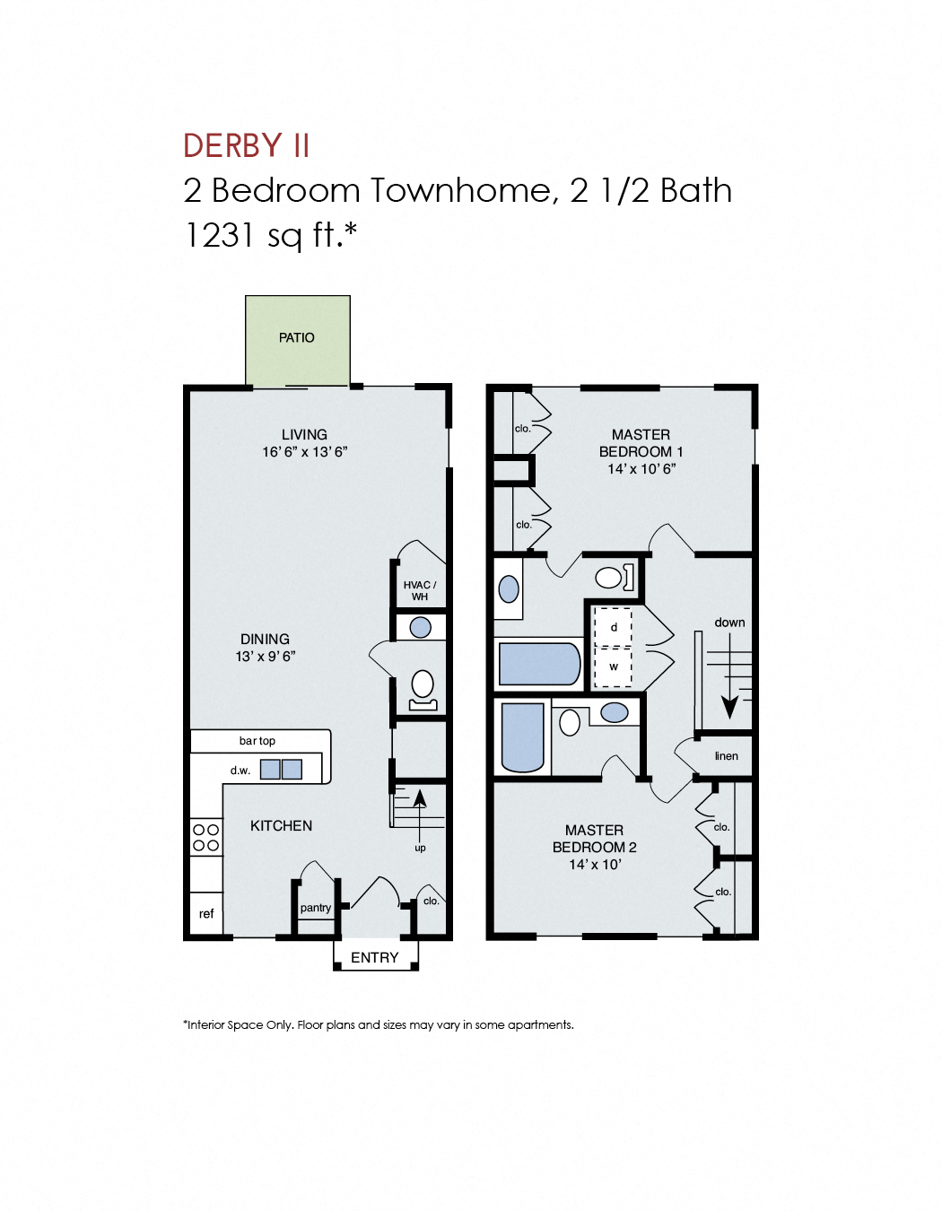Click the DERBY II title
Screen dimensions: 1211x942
point(247,145)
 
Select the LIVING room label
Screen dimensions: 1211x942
point(304,434)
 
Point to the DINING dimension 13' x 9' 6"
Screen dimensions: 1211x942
point(266,657)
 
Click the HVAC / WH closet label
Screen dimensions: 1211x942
point(420,590)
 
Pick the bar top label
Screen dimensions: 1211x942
point(257,741)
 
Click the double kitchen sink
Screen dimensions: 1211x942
point(281,769)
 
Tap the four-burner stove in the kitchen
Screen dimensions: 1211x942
point(206,837)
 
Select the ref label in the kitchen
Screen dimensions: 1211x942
point(206,913)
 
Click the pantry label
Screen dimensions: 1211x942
point(316,908)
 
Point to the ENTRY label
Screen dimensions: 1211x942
point(375,957)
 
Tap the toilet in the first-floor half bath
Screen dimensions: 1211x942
point(423,687)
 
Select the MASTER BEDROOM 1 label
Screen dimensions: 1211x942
point(641,443)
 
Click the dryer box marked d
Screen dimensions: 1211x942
point(614,627)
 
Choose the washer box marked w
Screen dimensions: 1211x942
point(614,666)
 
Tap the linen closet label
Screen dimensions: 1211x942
point(727,756)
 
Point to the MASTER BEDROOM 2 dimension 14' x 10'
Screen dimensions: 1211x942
point(595,865)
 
